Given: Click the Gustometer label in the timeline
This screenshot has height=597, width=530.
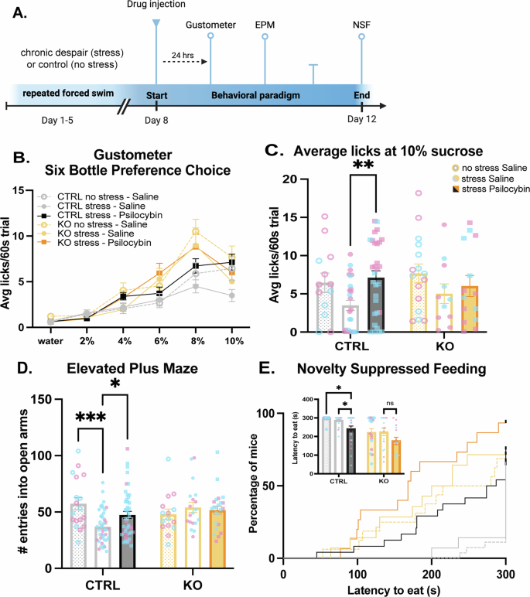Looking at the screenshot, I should [x=210, y=26].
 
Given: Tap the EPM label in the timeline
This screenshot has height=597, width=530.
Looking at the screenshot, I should [x=265, y=26].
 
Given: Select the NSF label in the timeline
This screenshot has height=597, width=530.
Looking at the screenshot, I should [x=361, y=26].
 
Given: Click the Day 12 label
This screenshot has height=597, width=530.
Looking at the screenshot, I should [x=361, y=120].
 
